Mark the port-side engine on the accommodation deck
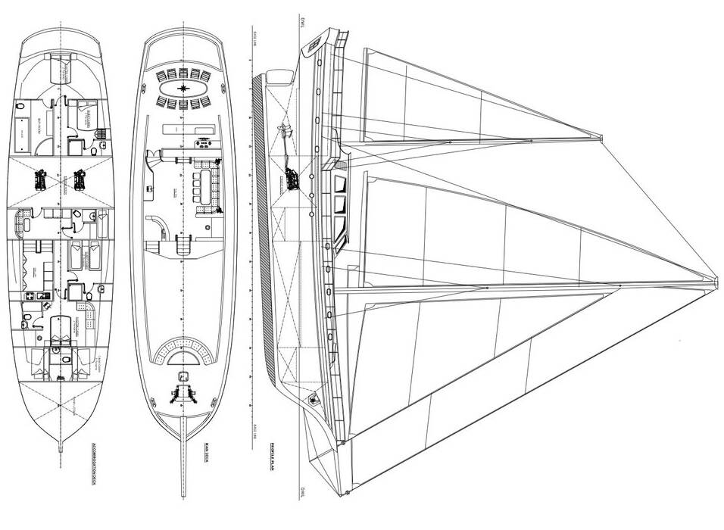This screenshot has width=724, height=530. pyautogui.click(x=39, y=179)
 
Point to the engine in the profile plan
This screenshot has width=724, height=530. pyautogui.click(x=292, y=179)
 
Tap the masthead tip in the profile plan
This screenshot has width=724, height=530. pyautogui.click(x=716, y=282)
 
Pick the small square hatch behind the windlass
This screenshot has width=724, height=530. pyautogui.click(x=183, y=376)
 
